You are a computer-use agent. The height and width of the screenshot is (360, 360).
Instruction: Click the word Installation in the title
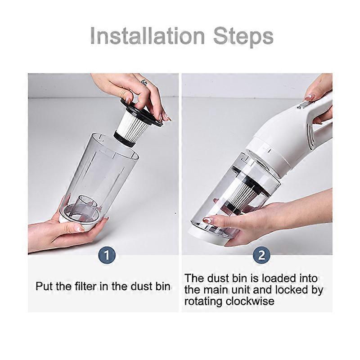pos(148,36)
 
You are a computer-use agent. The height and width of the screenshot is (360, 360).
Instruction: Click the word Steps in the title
pos(243,37)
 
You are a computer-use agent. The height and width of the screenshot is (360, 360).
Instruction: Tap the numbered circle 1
pos(107,255)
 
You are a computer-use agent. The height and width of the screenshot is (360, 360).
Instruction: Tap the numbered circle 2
pos(261,255)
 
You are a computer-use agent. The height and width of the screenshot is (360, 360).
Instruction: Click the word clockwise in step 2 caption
pos(250,301)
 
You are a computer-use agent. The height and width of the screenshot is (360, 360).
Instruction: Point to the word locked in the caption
pos(291,290)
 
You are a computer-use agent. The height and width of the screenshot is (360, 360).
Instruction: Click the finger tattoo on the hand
pos(144,82)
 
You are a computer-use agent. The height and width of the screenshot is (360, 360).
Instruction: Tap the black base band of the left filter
pos(124,139)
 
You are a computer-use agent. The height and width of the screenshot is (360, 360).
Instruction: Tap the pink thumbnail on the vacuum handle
pos(310,98)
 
